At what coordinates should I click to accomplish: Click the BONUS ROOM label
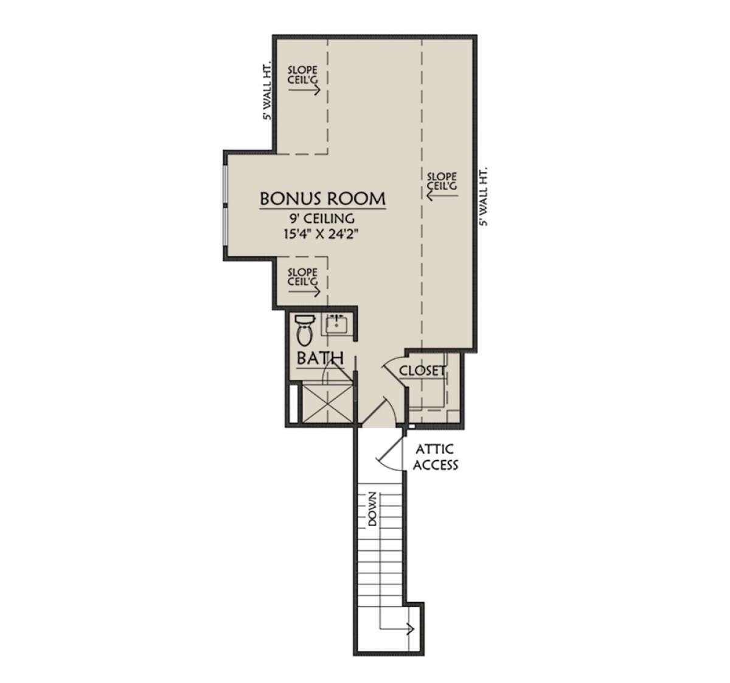(323, 198)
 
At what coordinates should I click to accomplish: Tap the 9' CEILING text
(322, 219)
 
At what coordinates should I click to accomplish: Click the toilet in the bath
(304, 330)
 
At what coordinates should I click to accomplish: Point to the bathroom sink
(336, 324)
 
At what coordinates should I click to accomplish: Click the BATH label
(320, 358)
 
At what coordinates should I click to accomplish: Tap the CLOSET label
(423, 371)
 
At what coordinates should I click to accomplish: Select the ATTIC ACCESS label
(435, 457)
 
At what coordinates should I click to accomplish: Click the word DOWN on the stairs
(372, 509)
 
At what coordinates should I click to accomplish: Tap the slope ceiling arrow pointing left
(442, 195)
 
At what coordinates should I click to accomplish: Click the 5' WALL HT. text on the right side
(484, 197)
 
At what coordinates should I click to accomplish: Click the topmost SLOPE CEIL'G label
(302, 75)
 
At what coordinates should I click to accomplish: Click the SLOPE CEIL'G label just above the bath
(302, 277)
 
